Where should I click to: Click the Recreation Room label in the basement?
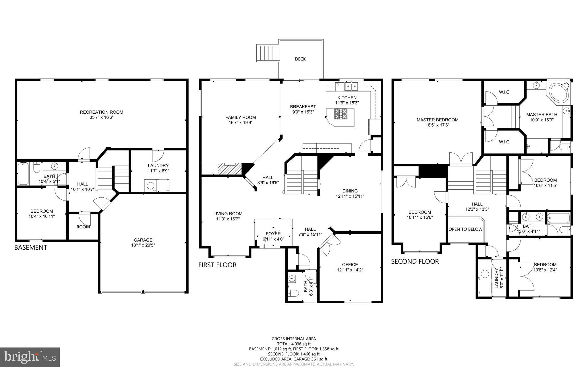(101, 112)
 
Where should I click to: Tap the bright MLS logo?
(30, 357)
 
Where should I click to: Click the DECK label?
(300, 59)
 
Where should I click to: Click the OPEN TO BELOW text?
(465, 229)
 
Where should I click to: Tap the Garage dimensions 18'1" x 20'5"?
(143, 245)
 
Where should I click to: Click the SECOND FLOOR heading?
(415, 261)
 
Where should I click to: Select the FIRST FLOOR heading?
(217, 265)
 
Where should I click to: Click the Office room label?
(350, 265)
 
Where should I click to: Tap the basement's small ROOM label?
(83, 227)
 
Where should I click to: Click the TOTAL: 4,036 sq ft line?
(294, 344)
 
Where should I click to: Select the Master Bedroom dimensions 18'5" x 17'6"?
(437, 125)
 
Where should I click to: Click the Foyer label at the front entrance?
(273, 234)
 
